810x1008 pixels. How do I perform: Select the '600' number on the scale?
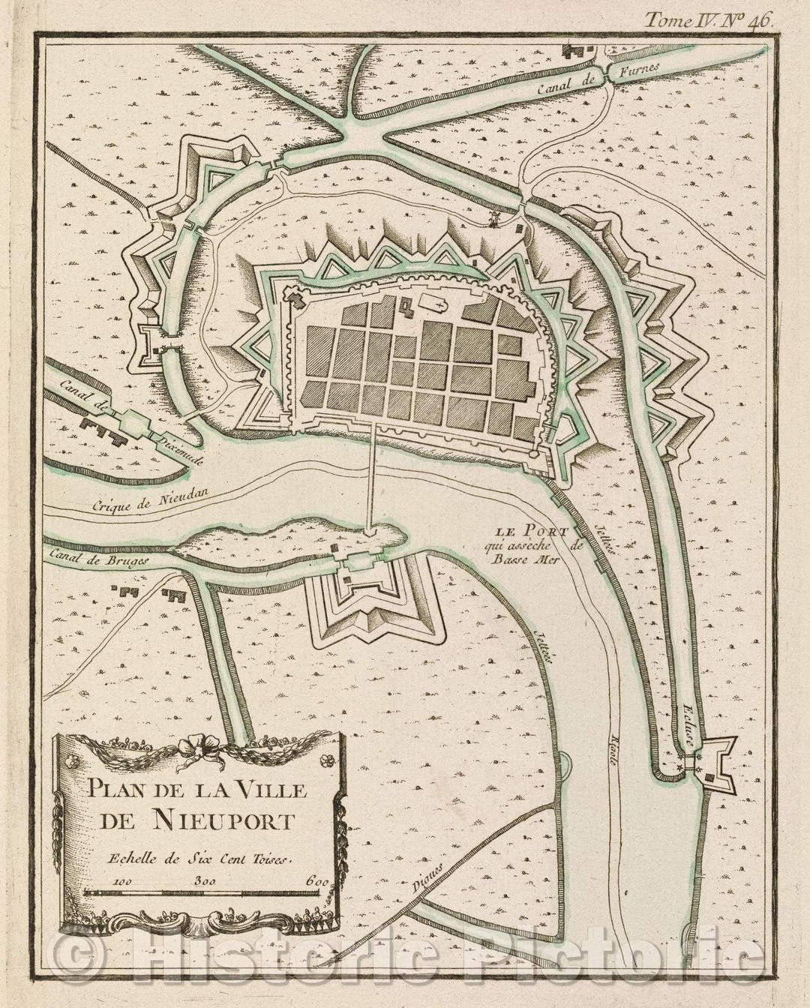pyautogui.click(x=317, y=880)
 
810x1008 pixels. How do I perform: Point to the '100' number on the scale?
pyautogui.click(x=126, y=880)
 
